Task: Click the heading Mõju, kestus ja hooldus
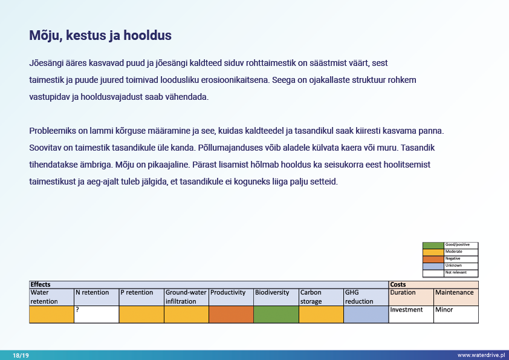tap(100, 36)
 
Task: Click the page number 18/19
tap(21, 356)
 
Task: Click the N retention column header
tap(92, 293)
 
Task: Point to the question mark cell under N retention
tap(96, 314)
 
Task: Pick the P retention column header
tap(137, 293)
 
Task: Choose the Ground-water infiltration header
tap(186, 296)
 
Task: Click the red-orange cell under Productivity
tap(231, 314)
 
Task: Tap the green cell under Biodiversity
tap(276, 314)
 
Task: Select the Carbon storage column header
tap(311, 296)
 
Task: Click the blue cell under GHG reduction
tap(366, 314)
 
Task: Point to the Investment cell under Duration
tap(406, 310)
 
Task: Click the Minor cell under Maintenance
tap(444, 310)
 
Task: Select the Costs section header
tap(398, 284)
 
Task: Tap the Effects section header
tap(41, 284)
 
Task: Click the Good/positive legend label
tap(458, 244)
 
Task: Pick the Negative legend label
tap(453, 258)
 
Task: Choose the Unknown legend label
tap(453, 266)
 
